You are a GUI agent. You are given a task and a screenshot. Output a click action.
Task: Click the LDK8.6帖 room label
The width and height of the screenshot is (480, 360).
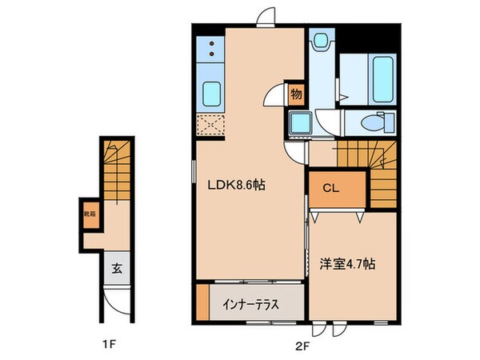point(238,185)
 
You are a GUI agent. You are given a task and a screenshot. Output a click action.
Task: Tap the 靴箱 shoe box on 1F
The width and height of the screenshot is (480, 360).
point(91,214)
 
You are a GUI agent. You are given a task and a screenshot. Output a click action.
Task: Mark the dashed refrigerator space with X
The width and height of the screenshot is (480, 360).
point(212,126)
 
